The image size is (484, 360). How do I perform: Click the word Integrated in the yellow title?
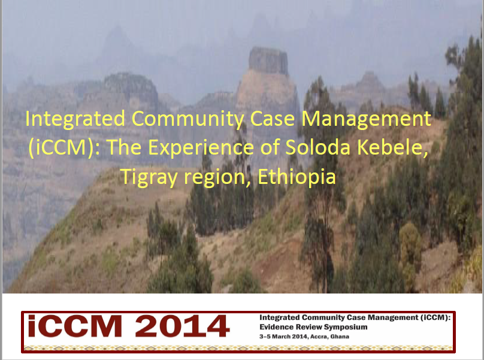(75, 119)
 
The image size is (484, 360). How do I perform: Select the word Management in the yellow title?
(366, 119)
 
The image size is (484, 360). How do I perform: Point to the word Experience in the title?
(201, 147)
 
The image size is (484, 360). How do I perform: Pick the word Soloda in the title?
(318, 147)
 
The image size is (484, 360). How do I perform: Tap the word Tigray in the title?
(149, 177)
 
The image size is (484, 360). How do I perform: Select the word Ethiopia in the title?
(297, 177)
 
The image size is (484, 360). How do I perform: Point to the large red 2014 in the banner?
(182, 326)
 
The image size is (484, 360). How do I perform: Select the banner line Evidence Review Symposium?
(313, 327)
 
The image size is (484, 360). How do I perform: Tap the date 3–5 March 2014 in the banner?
(283, 337)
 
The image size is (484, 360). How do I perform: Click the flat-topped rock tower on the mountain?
(268, 60)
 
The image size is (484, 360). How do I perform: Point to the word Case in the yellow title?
(273, 119)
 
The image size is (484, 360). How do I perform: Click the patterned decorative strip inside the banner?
(238, 348)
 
